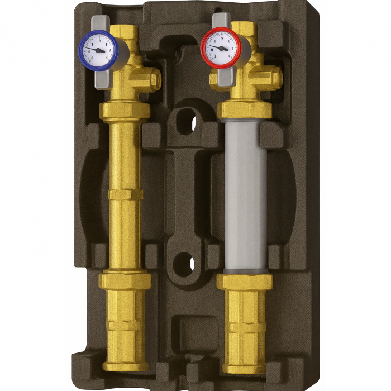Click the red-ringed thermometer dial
tap(220, 47)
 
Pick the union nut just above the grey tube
tap(244, 109)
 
